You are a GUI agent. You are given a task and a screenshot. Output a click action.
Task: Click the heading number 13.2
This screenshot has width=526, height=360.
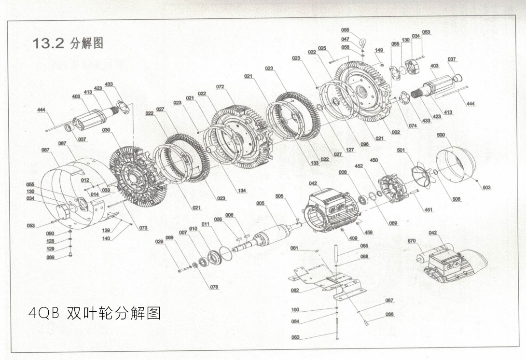coord(48,43)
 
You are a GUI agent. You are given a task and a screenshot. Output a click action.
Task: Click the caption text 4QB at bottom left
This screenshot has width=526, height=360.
coord(44,314)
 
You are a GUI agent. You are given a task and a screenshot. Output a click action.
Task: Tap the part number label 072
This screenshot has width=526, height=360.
coord(220,87)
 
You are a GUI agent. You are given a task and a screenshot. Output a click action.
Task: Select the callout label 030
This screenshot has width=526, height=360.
coord(106,130)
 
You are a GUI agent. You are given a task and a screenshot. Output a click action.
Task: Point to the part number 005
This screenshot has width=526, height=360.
coord(261,204)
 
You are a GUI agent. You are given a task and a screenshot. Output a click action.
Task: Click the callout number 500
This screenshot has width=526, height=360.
coord(441,135)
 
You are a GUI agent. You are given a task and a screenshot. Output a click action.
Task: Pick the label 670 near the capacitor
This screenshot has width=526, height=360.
coord(411,240)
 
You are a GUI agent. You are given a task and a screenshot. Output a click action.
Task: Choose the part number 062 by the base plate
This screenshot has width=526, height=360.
coord(295,291)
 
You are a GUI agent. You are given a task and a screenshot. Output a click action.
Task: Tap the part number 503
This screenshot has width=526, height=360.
coord(486,188)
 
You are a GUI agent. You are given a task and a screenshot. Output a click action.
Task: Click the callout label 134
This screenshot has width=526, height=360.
coord(242,191)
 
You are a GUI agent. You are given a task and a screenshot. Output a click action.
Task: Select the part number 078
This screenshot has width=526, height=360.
coord(214,287)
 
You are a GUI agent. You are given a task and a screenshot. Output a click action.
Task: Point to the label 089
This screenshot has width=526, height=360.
coord(51,257)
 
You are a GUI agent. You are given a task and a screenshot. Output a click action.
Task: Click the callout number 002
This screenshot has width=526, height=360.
coord(396,132)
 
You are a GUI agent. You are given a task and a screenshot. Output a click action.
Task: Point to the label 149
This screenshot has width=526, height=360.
coord(379,50)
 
